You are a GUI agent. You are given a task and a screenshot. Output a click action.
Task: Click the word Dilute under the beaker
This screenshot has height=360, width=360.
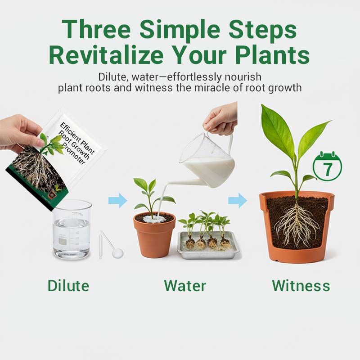(x=68, y=285)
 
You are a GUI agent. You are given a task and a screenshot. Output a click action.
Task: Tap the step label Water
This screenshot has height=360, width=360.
(x=185, y=285)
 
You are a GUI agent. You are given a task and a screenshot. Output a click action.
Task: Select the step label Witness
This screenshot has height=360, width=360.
(x=301, y=285)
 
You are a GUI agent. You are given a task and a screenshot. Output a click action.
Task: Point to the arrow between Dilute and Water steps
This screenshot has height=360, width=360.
(x=117, y=201)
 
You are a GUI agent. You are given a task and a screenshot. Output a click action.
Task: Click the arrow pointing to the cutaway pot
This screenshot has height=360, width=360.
(x=237, y=200)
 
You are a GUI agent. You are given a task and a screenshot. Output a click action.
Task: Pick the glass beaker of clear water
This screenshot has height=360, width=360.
(x=72, y=229)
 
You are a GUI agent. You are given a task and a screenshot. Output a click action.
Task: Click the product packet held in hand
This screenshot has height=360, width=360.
(x=58, y=157)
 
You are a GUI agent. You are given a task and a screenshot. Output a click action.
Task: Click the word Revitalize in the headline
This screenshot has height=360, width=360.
(x=106, y=55)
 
